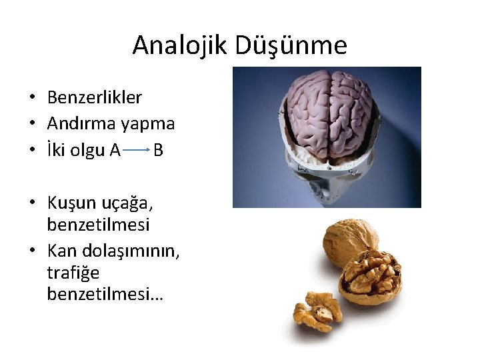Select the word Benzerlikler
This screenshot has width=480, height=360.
click(x=95, y=97)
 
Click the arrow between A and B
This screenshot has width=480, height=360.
click(x=137, y=151)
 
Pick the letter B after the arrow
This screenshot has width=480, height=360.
click(x=158, y=150)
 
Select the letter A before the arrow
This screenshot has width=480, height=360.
click(x=114, y=150)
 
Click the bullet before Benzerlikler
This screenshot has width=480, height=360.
click(x=32, y=98)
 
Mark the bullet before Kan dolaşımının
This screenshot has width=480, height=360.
click(x=32, y=251)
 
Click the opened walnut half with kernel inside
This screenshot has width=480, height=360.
click(x=371, y=278)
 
